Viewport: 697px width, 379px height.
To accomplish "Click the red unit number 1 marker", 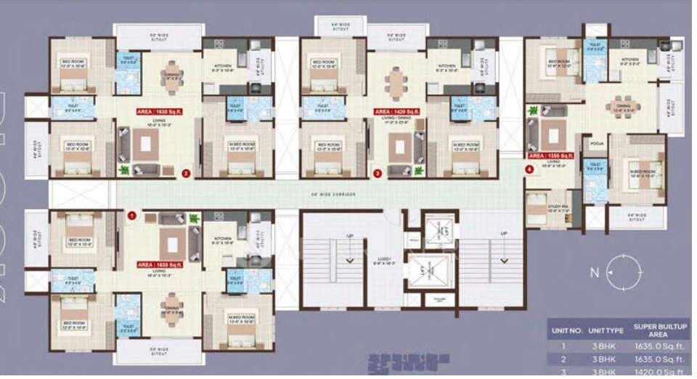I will coord(131,216).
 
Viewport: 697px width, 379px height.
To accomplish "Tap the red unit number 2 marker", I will coord(186,174).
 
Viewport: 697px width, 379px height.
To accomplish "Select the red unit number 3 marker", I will coord(377,174).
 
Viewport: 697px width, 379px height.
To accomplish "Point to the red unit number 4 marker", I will coord(529,169).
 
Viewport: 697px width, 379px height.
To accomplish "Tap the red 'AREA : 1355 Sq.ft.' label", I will coord(552,155).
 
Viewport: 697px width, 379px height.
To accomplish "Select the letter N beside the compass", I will coord(593,273).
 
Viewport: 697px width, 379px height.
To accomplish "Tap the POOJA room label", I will coord(598,144).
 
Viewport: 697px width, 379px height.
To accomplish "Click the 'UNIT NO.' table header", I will coord(567,330).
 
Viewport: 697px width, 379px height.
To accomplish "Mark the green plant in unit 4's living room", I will coord(534,111).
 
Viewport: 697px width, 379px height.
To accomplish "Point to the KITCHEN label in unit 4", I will coord(630,60).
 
